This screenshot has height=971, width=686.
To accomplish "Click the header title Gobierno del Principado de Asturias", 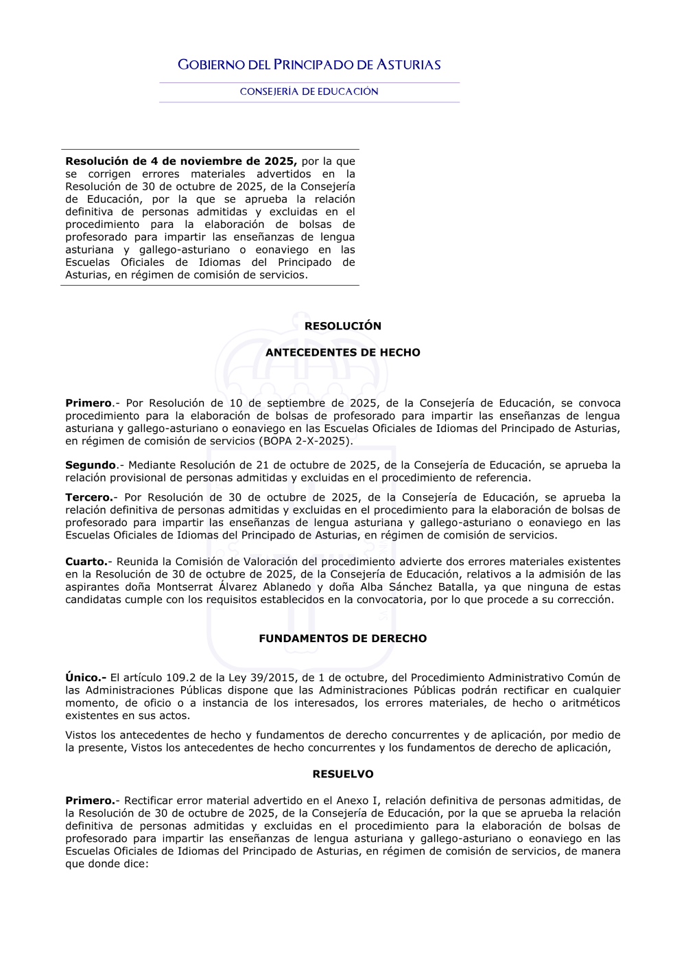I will pos(309,65).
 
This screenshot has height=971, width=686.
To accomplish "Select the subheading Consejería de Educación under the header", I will pos(309,91).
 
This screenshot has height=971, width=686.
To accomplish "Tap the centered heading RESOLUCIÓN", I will pos(343,326).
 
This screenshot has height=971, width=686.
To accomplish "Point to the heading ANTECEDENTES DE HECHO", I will pos(343,352).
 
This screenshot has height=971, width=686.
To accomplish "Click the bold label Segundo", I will pos(91,465).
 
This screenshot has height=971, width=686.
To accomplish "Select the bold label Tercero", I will pos(88,497).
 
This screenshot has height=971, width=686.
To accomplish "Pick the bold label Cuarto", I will pos(86,562).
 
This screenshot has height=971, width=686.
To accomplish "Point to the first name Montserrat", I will pos(185,587).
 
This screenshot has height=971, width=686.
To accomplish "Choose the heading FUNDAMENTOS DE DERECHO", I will pos(343,639).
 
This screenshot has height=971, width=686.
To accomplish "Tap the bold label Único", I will pos(85,678).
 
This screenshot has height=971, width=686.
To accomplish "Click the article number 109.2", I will pos(180,678).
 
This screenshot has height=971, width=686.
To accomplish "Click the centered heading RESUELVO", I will pos(343,774).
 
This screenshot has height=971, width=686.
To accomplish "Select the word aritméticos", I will pos(591,703).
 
